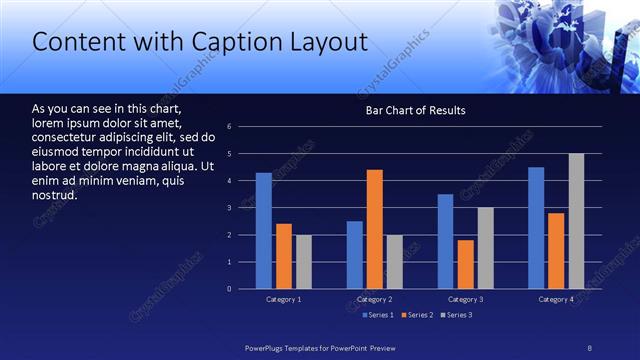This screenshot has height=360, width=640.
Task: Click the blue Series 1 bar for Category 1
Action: [263, 231]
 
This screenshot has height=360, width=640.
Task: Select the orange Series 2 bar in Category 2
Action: [375, 229]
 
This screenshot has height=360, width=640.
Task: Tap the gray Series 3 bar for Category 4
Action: [577, 221]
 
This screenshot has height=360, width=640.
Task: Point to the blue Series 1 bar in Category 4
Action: [536, 228]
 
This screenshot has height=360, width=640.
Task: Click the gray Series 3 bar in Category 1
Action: [303, 262]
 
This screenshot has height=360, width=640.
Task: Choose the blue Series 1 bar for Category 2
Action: [355, 255]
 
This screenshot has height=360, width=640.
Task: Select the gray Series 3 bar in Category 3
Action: [486, 248]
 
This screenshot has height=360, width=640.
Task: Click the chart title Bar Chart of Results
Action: [415, 110]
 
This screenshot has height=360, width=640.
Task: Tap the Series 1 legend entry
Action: [376, 315]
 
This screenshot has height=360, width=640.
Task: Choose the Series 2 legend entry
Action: [417, 315]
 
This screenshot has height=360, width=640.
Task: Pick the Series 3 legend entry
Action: [457, 315]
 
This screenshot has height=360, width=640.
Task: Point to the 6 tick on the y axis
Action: [230, 127]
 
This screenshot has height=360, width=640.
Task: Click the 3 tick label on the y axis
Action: [230, 208]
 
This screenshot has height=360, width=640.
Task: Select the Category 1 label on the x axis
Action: [283, 300]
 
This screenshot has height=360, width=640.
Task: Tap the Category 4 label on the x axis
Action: [556, 300]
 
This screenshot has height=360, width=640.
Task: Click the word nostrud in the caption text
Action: [55, 194]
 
